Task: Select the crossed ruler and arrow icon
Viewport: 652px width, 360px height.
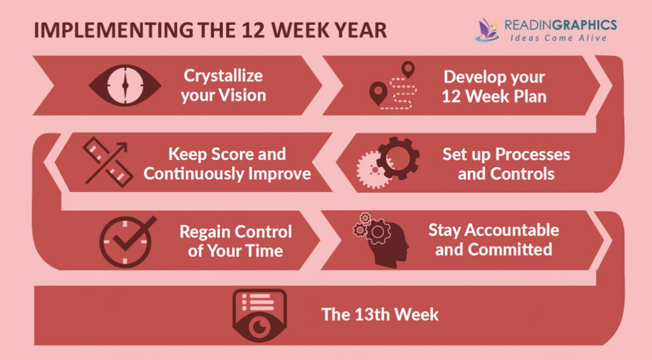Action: (x=106, y=163)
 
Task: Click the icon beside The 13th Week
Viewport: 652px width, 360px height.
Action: (x=259, y=315)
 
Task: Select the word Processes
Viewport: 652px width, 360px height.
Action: (x=534, y=154)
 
